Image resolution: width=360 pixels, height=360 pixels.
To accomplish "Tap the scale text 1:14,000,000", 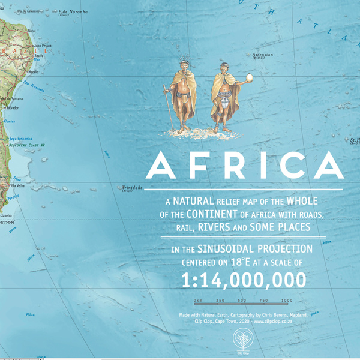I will tap(243, 280).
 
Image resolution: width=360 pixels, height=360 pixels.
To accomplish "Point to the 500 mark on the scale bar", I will tap(242, 300).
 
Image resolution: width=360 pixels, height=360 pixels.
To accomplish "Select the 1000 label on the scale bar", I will tap(286, 300).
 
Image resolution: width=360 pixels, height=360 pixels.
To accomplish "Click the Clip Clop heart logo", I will tap(242, 340).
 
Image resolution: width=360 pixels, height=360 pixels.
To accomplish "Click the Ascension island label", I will tap(262, 55).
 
